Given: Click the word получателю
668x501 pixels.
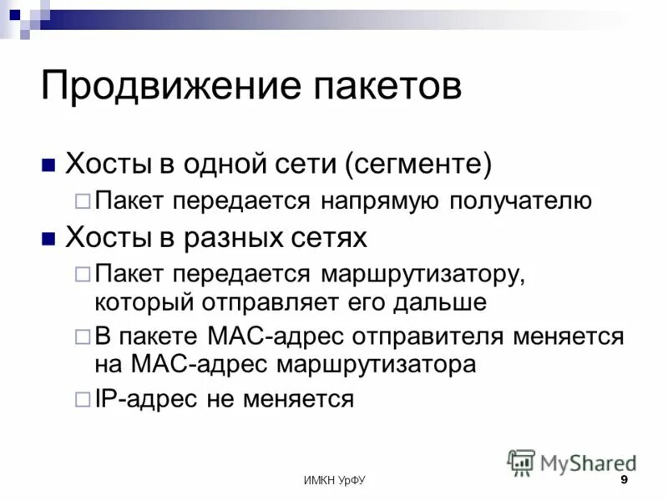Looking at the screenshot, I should [x=521, y=201].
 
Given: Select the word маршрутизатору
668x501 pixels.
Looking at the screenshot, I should [x=421, y=275].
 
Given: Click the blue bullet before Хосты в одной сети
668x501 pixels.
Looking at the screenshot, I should [x=48, y=163].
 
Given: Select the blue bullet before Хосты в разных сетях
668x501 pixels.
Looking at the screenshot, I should [x=48, y=239].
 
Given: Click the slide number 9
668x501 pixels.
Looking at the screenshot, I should [x=624, y=481].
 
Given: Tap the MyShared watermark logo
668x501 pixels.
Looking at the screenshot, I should [x=573, y=462].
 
